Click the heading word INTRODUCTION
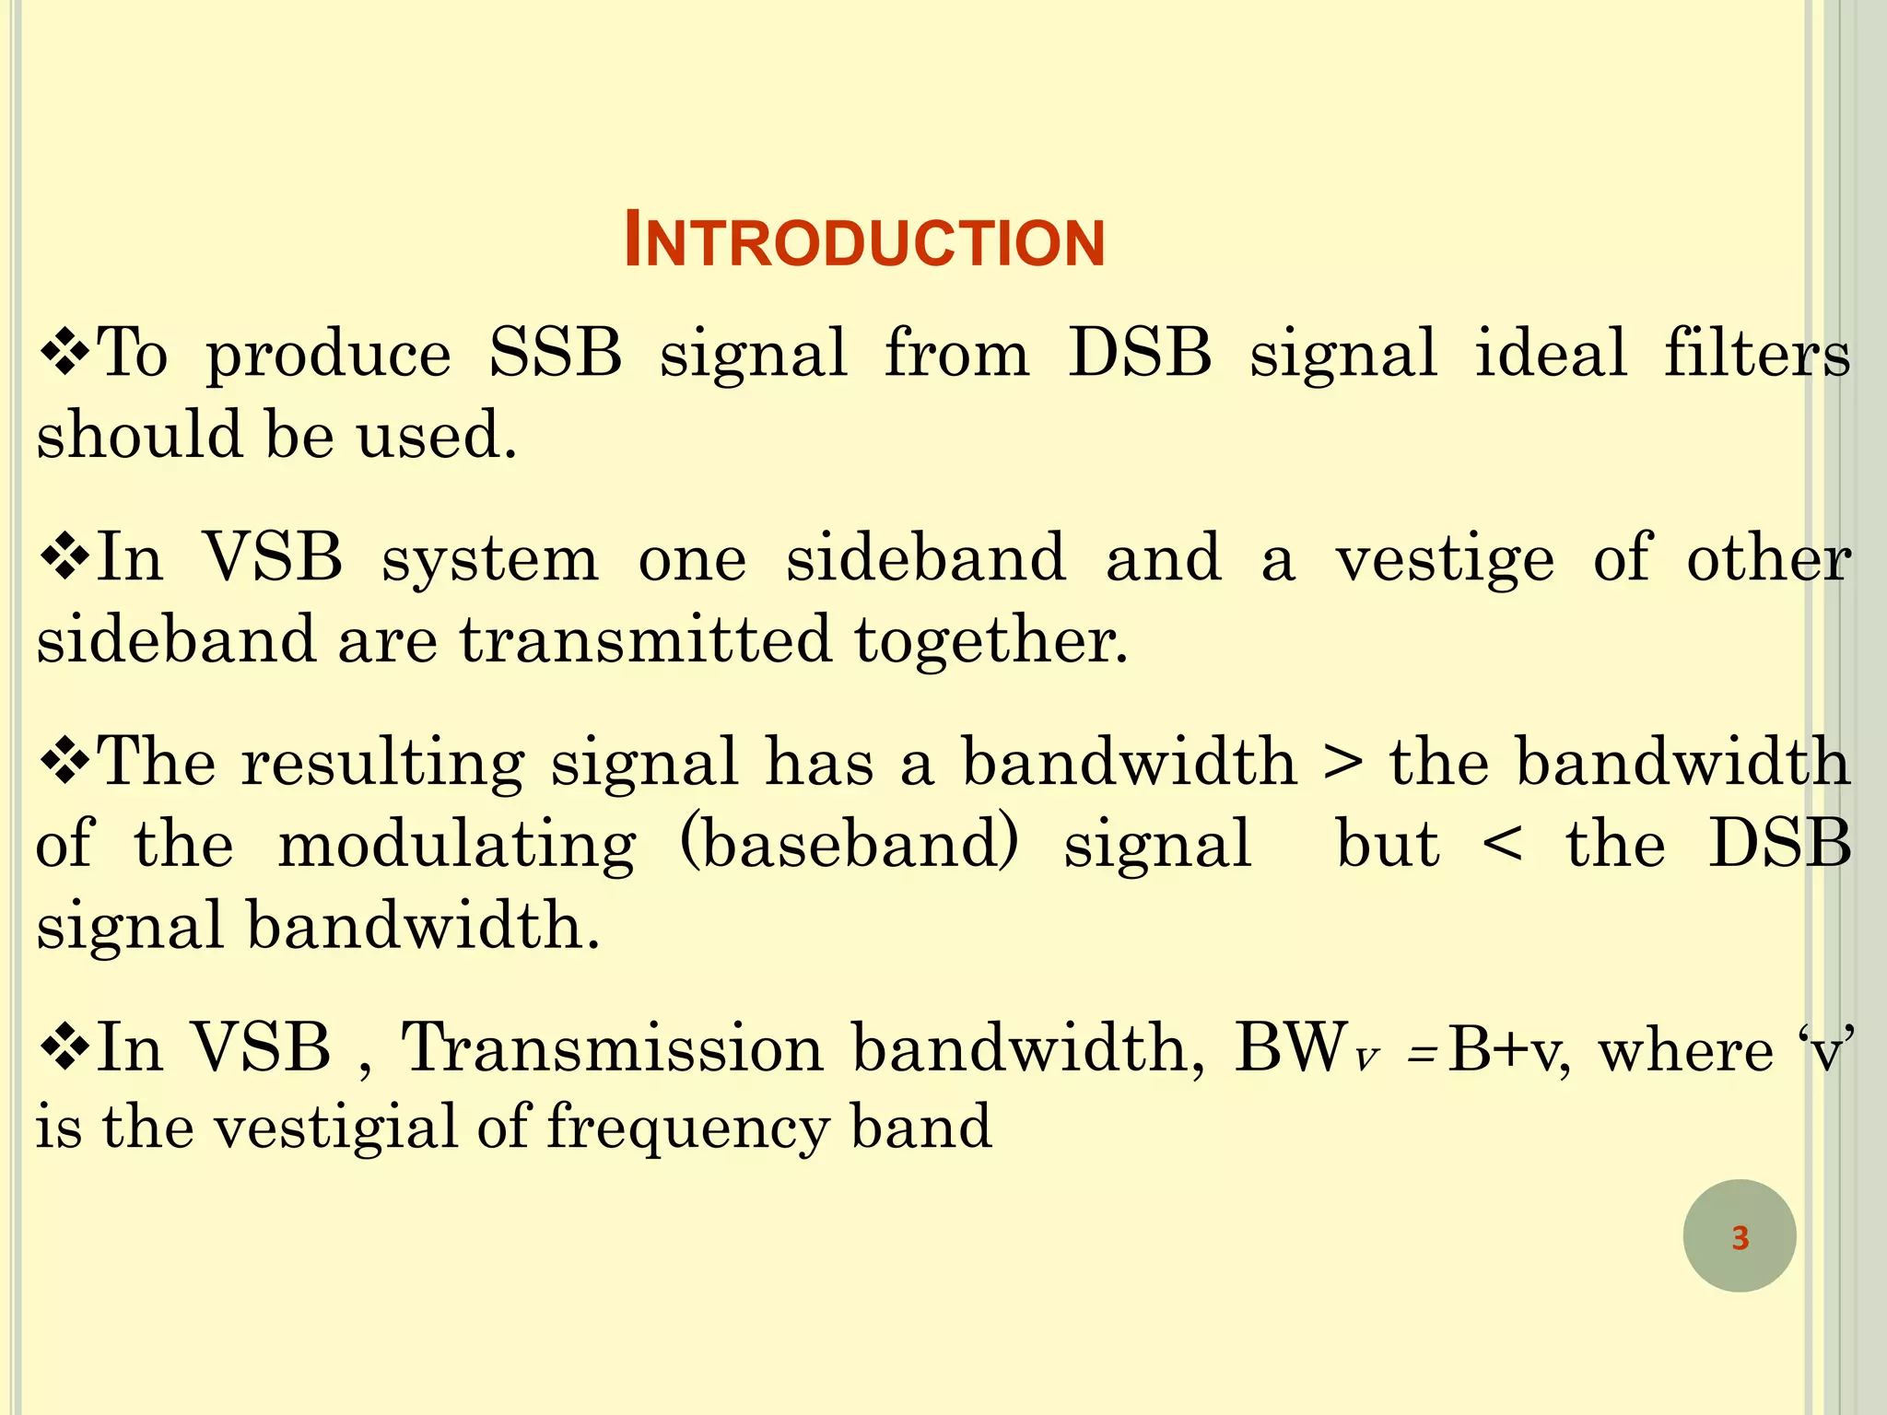(864, 241)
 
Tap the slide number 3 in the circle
(1740, 1237)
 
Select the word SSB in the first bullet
(556, 354)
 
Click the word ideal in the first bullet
(1551, 354)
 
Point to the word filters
(1756, 354)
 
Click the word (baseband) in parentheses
(849, 844)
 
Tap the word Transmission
(612, 1049)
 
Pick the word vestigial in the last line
(335, 1128)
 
